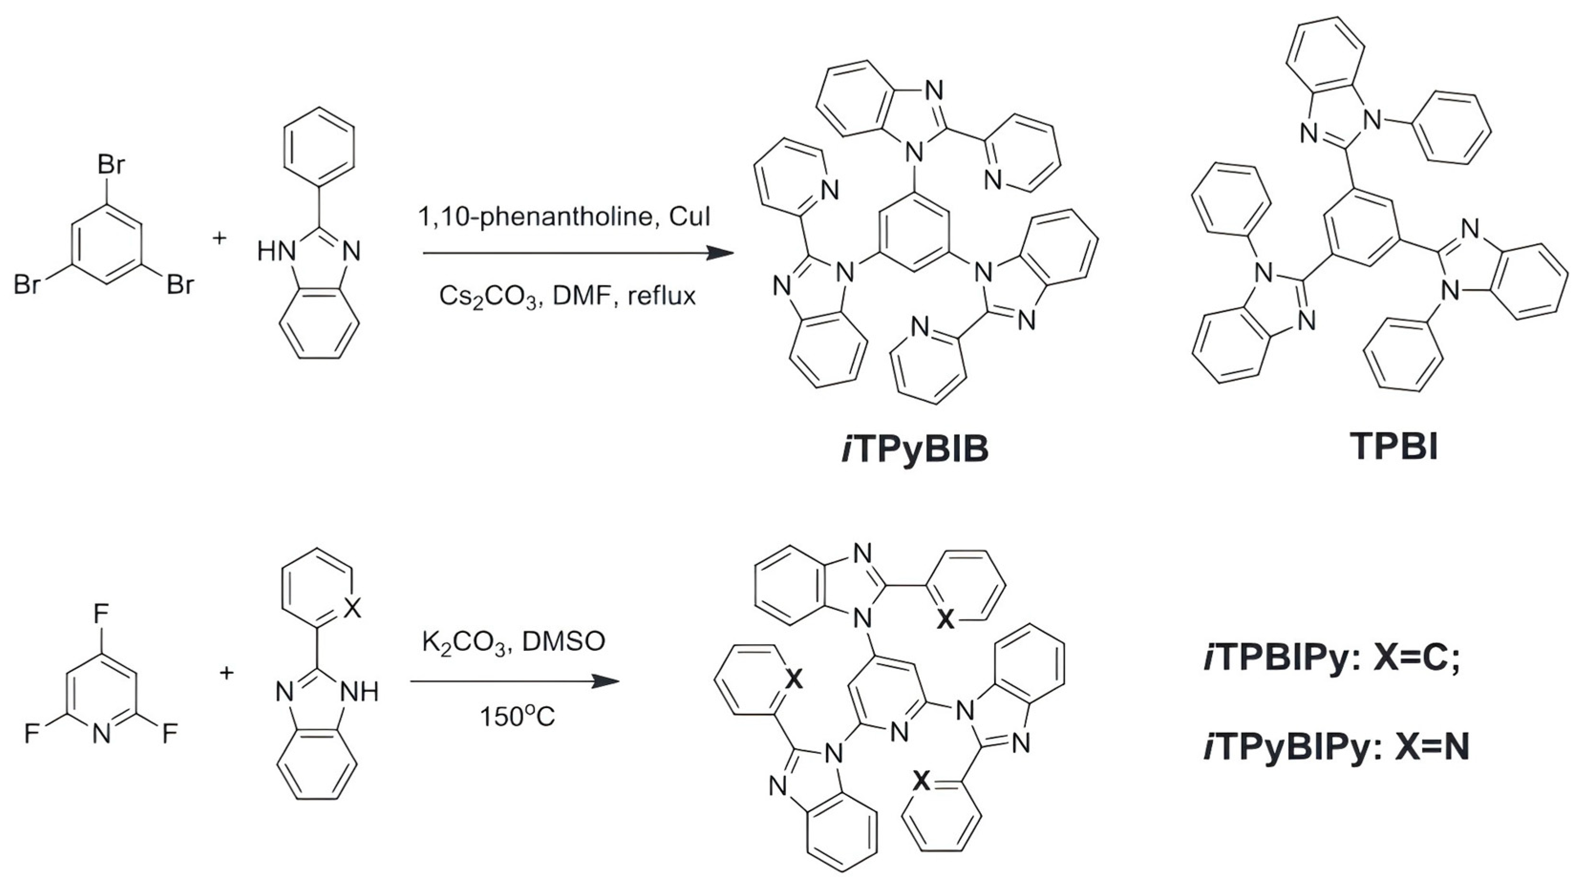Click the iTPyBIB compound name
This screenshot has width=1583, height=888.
coord(914,449)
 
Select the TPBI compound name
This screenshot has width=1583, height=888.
coord(1394,447)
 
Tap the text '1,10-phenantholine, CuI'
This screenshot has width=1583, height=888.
coord(564,216)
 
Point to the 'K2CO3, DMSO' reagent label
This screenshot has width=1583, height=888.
coord(513,642)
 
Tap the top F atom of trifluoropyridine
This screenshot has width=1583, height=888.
coord(101,613)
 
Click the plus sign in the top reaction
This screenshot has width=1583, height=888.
coord(219,238)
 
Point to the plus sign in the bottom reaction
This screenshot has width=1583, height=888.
coord(227,673)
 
